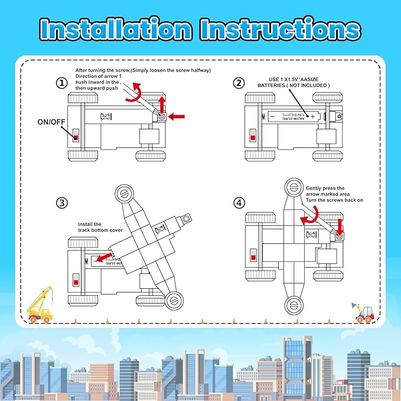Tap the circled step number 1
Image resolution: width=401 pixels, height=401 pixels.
(61, 83)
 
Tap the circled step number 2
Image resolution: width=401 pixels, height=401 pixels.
(239, 83)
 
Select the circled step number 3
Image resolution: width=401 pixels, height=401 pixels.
(61, 203)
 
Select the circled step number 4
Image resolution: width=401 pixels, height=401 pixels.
(239, 203)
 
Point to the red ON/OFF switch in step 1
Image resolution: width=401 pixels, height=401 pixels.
(76, 137)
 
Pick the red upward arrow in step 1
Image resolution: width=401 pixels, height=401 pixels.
(162, 105)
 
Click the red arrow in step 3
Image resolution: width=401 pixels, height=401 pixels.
(105, 258)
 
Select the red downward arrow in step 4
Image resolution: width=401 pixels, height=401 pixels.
(340, 225)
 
